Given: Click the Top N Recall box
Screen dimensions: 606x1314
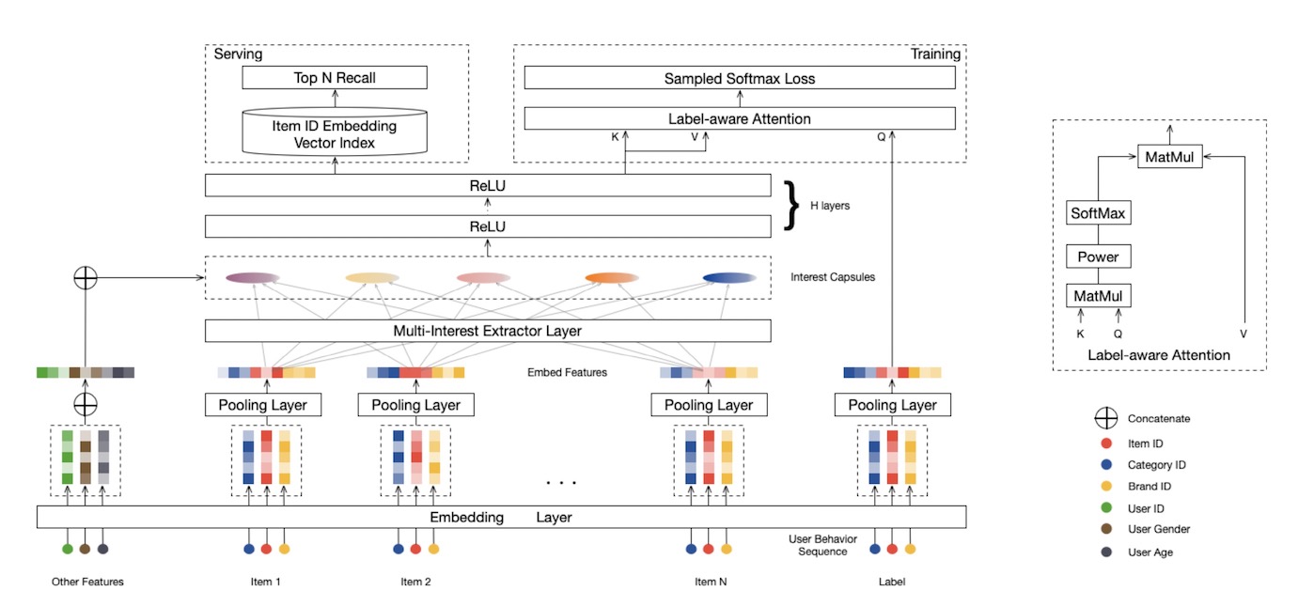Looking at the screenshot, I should click(335, 77).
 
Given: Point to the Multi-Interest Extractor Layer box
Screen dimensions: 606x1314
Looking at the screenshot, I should click(488, 331).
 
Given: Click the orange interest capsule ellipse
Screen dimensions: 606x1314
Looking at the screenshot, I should click(611, 277).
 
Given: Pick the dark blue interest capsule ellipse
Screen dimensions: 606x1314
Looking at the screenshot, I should click(729, 277).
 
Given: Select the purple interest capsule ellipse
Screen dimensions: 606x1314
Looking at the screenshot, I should click(253, 277).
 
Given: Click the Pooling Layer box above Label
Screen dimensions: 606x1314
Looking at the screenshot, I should click(892, 405).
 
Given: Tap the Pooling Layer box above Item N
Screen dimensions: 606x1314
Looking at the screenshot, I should click(709, 405).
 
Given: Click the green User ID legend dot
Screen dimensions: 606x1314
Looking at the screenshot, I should click(1098, 507).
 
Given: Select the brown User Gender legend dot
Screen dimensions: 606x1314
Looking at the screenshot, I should click(1098, 529).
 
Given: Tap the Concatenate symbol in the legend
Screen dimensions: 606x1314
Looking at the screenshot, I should click(1098, 419).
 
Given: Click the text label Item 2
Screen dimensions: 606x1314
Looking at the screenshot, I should click(415, 582).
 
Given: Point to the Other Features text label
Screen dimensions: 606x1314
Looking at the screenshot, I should click(87, 582).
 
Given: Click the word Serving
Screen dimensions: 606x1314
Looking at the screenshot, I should click(238, 54).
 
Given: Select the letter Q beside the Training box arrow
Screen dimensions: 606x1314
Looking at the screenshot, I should click(881, 136).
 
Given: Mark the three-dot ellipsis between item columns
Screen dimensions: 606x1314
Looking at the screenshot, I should click(561, 483).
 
